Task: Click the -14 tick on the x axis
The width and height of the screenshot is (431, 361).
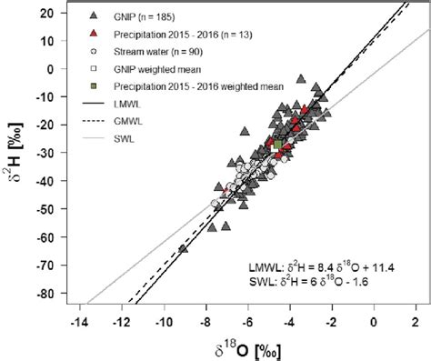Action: (x=82, y=321)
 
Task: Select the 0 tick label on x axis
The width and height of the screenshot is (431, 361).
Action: (x=374, y=321)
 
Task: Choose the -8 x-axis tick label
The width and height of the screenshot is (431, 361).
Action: (x=205, y=321)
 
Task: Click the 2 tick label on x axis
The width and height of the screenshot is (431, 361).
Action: (x=416, y=321)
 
